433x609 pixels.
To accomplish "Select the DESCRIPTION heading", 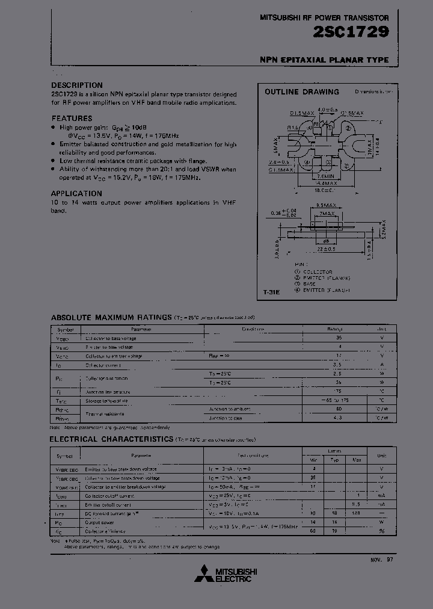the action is [x=76, y=85].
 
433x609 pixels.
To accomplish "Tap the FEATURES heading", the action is [x=72, y=119].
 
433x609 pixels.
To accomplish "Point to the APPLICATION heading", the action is [x=76, y=194].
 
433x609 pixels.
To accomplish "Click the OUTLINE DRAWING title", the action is [x=302, y=92].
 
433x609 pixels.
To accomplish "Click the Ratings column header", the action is [x=334, y=330].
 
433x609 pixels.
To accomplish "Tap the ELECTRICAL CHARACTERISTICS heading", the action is [x=111, y=439].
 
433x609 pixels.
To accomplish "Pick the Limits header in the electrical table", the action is [x=334, y=451].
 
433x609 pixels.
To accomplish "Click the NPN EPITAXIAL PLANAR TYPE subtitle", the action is [x=324, y=60].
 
